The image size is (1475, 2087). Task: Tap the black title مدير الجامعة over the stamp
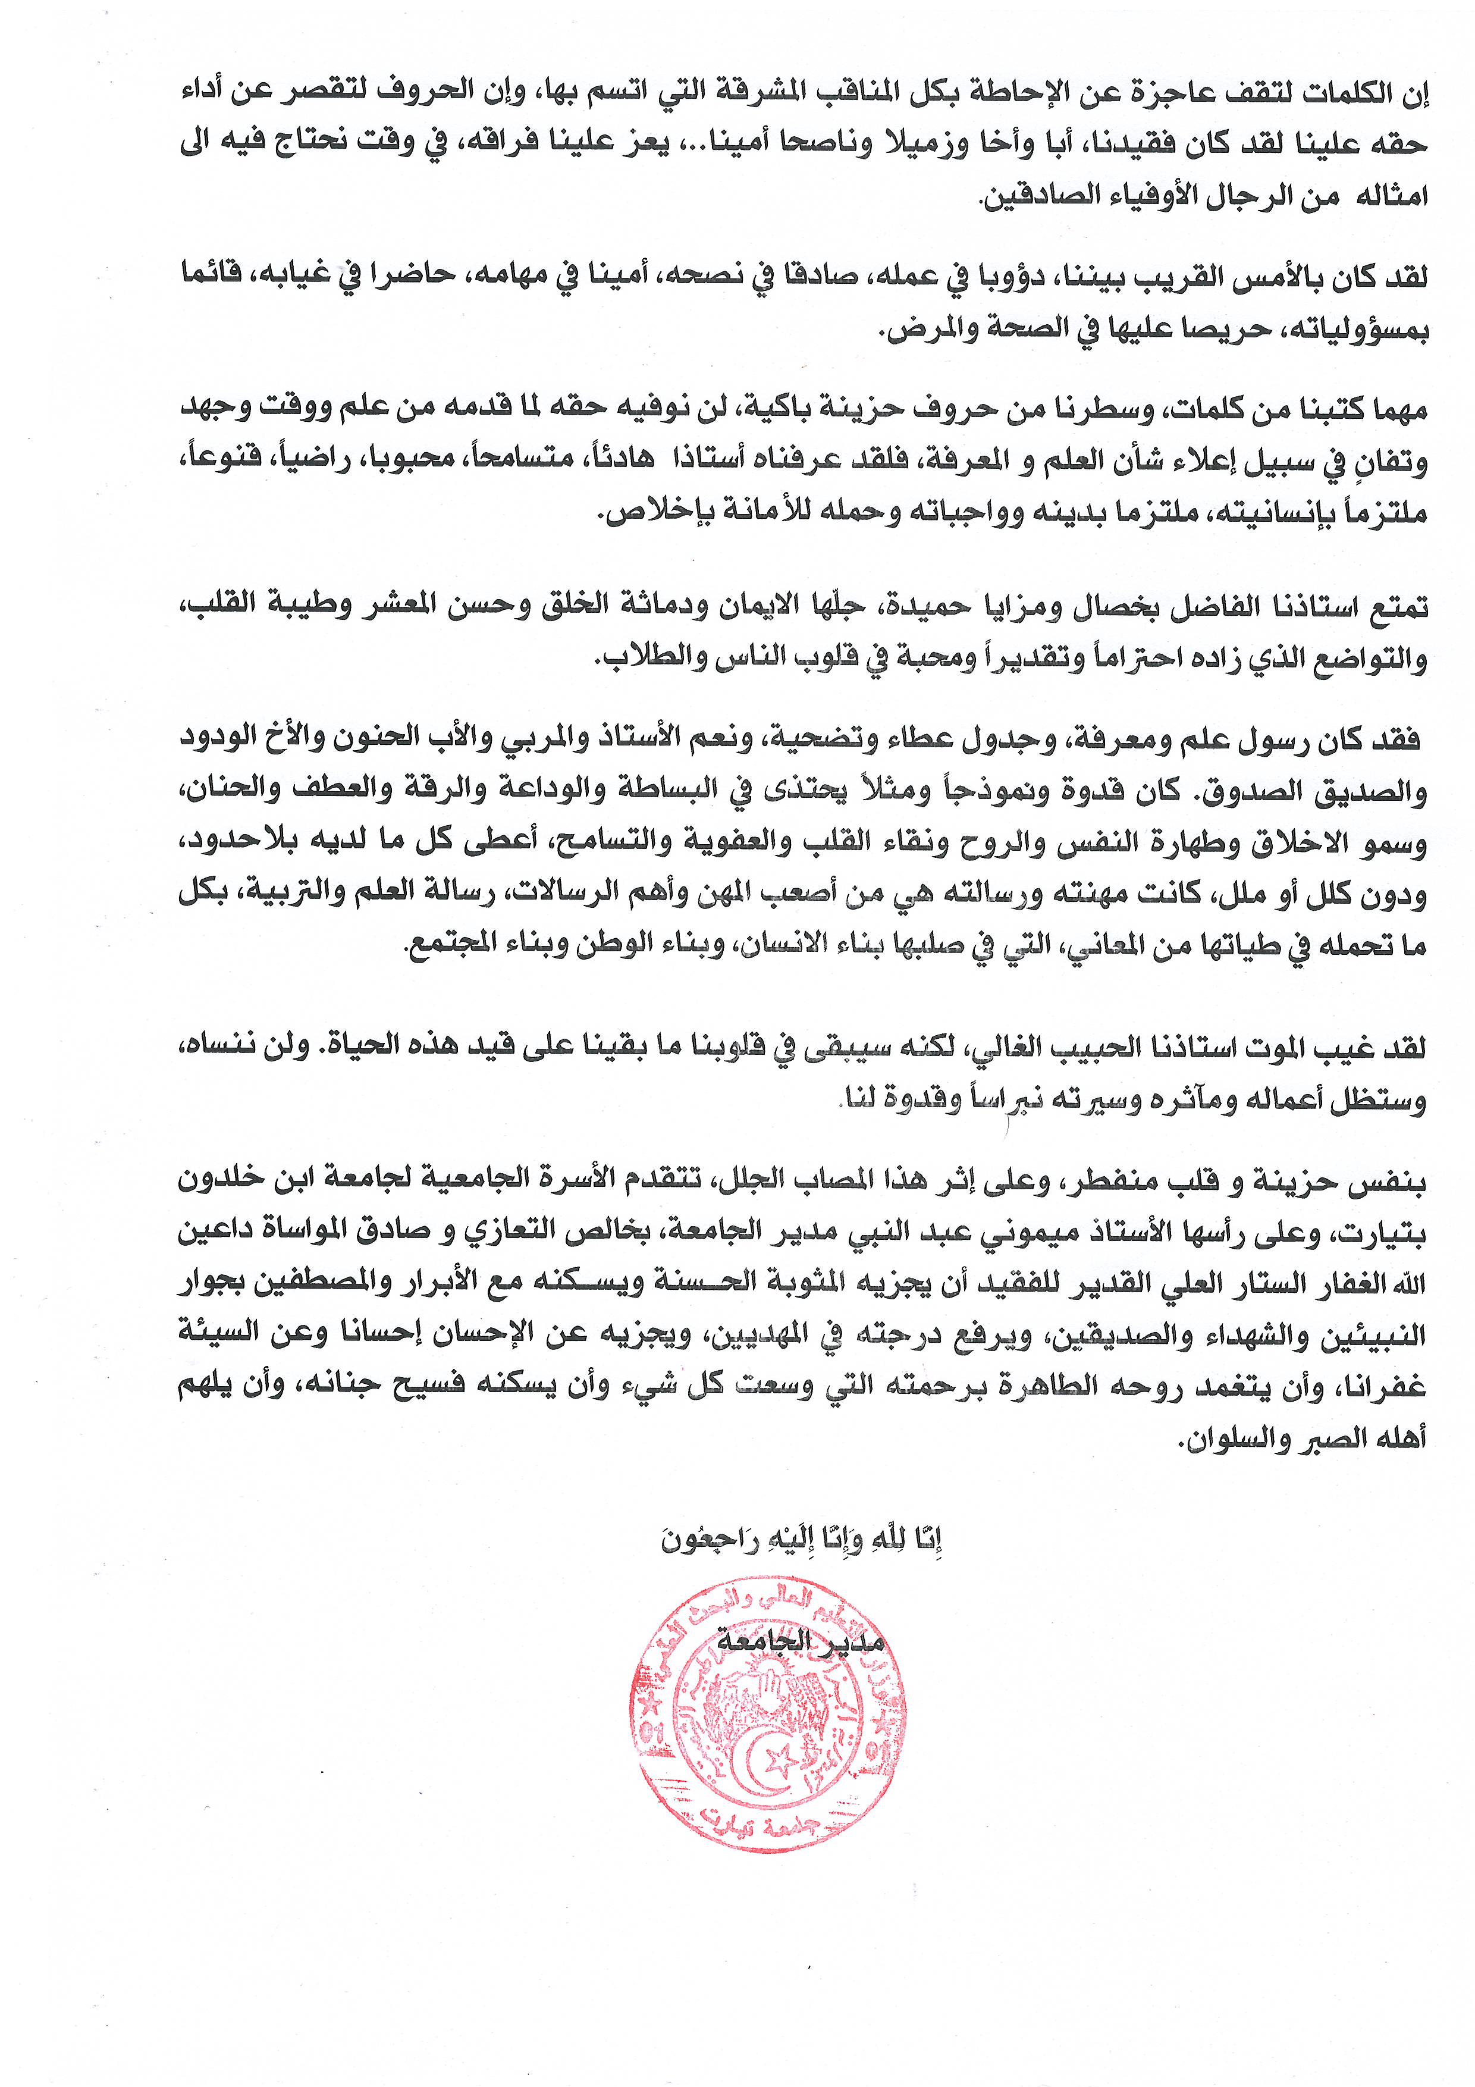pyautogui.click(x=800, y=1641)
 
